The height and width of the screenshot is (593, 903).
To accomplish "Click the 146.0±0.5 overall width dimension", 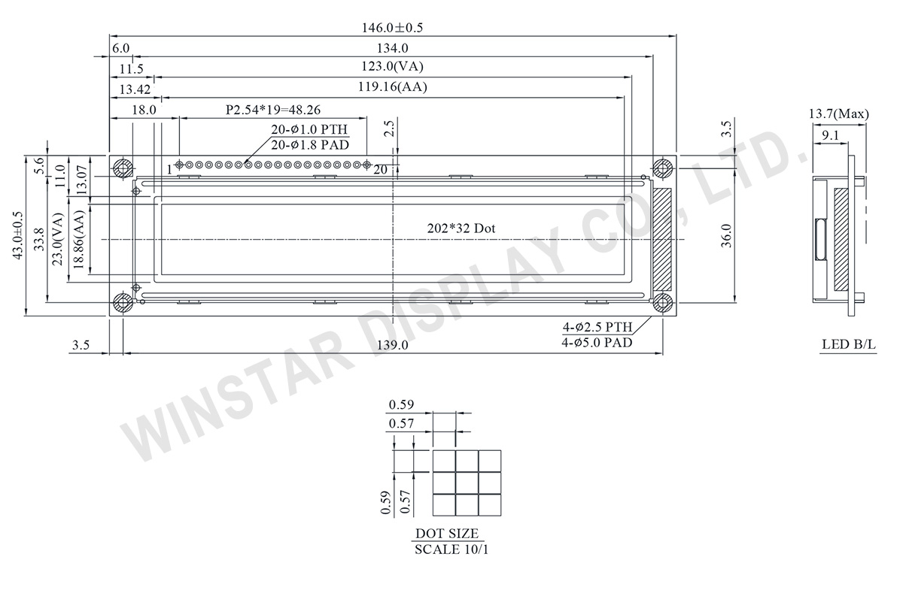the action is click(x=392, y=28).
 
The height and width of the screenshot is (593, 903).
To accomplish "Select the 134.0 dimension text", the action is click(x=392, y=48).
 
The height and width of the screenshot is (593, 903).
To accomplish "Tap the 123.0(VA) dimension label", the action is click(x=392, y=66).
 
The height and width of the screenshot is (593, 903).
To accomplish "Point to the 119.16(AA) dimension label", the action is click(x=392, y=86).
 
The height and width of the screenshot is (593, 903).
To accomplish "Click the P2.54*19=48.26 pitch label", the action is click(x=273, y=110).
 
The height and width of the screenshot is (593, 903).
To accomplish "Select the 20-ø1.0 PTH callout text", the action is click(x=309, y=129).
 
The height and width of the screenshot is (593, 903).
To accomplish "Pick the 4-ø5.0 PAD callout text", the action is click(x=597, y=343).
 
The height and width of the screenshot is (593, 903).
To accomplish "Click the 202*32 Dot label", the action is click(x=461, y=228).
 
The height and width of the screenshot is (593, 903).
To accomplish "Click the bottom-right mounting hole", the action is click(x=662, y=302).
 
